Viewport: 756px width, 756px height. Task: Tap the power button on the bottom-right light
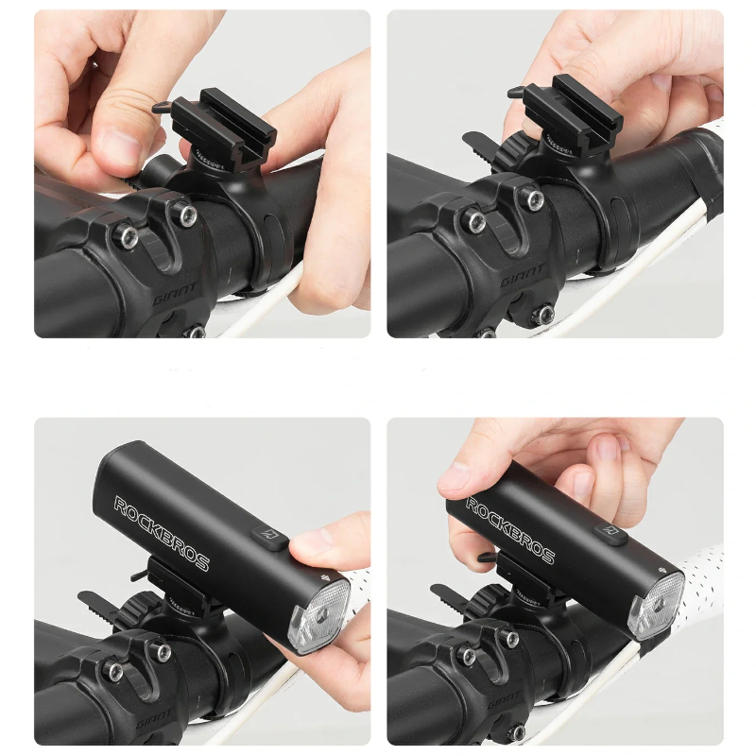click(610, 533)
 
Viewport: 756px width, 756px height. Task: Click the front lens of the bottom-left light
click(318, 616)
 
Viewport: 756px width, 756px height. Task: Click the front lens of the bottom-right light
click(660, 606)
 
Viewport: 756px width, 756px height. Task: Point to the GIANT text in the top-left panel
click(175, 294)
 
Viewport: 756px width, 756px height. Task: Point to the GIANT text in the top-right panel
click(523, 276)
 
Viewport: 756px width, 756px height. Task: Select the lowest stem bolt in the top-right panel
click(546, 314)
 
